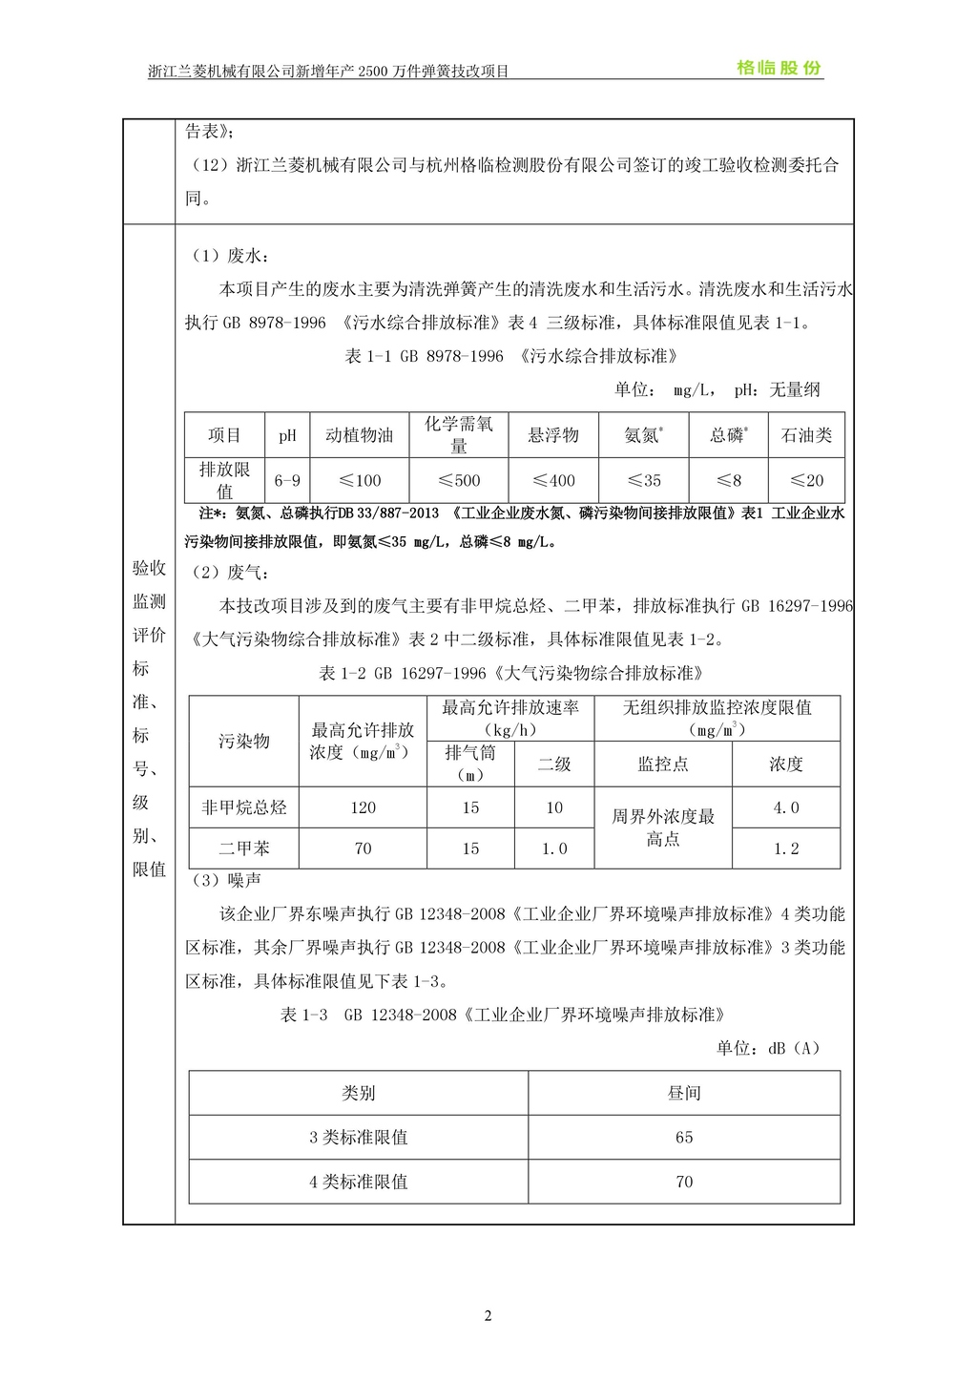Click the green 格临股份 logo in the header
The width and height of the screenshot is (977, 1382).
point(779,68)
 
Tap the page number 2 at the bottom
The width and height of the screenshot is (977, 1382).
point(488,1316)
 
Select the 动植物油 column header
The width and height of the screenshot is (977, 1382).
point(359,435)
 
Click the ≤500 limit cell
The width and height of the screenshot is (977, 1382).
point(459,480)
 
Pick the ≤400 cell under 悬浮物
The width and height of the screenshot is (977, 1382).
point(553,480)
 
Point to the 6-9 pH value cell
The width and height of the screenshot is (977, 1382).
point(287,480)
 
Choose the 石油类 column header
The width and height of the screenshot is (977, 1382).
point(806,435)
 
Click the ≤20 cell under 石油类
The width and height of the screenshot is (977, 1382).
point(806,480)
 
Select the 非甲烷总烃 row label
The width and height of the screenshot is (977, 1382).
point(244,807)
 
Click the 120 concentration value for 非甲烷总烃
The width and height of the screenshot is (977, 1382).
point(363,807)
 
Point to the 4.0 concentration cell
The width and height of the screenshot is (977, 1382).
point(786,807)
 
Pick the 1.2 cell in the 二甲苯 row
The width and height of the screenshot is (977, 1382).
point(786,848)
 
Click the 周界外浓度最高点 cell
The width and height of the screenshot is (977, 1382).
point(663,827)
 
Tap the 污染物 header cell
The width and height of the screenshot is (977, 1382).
point(244,742)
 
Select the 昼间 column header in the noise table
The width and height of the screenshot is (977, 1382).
point(684,1093)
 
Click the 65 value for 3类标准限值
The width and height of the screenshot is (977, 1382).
point(684,1138)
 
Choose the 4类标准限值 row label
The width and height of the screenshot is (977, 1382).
point(359,1182)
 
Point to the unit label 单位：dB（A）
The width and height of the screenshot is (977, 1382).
point(768,1048)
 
